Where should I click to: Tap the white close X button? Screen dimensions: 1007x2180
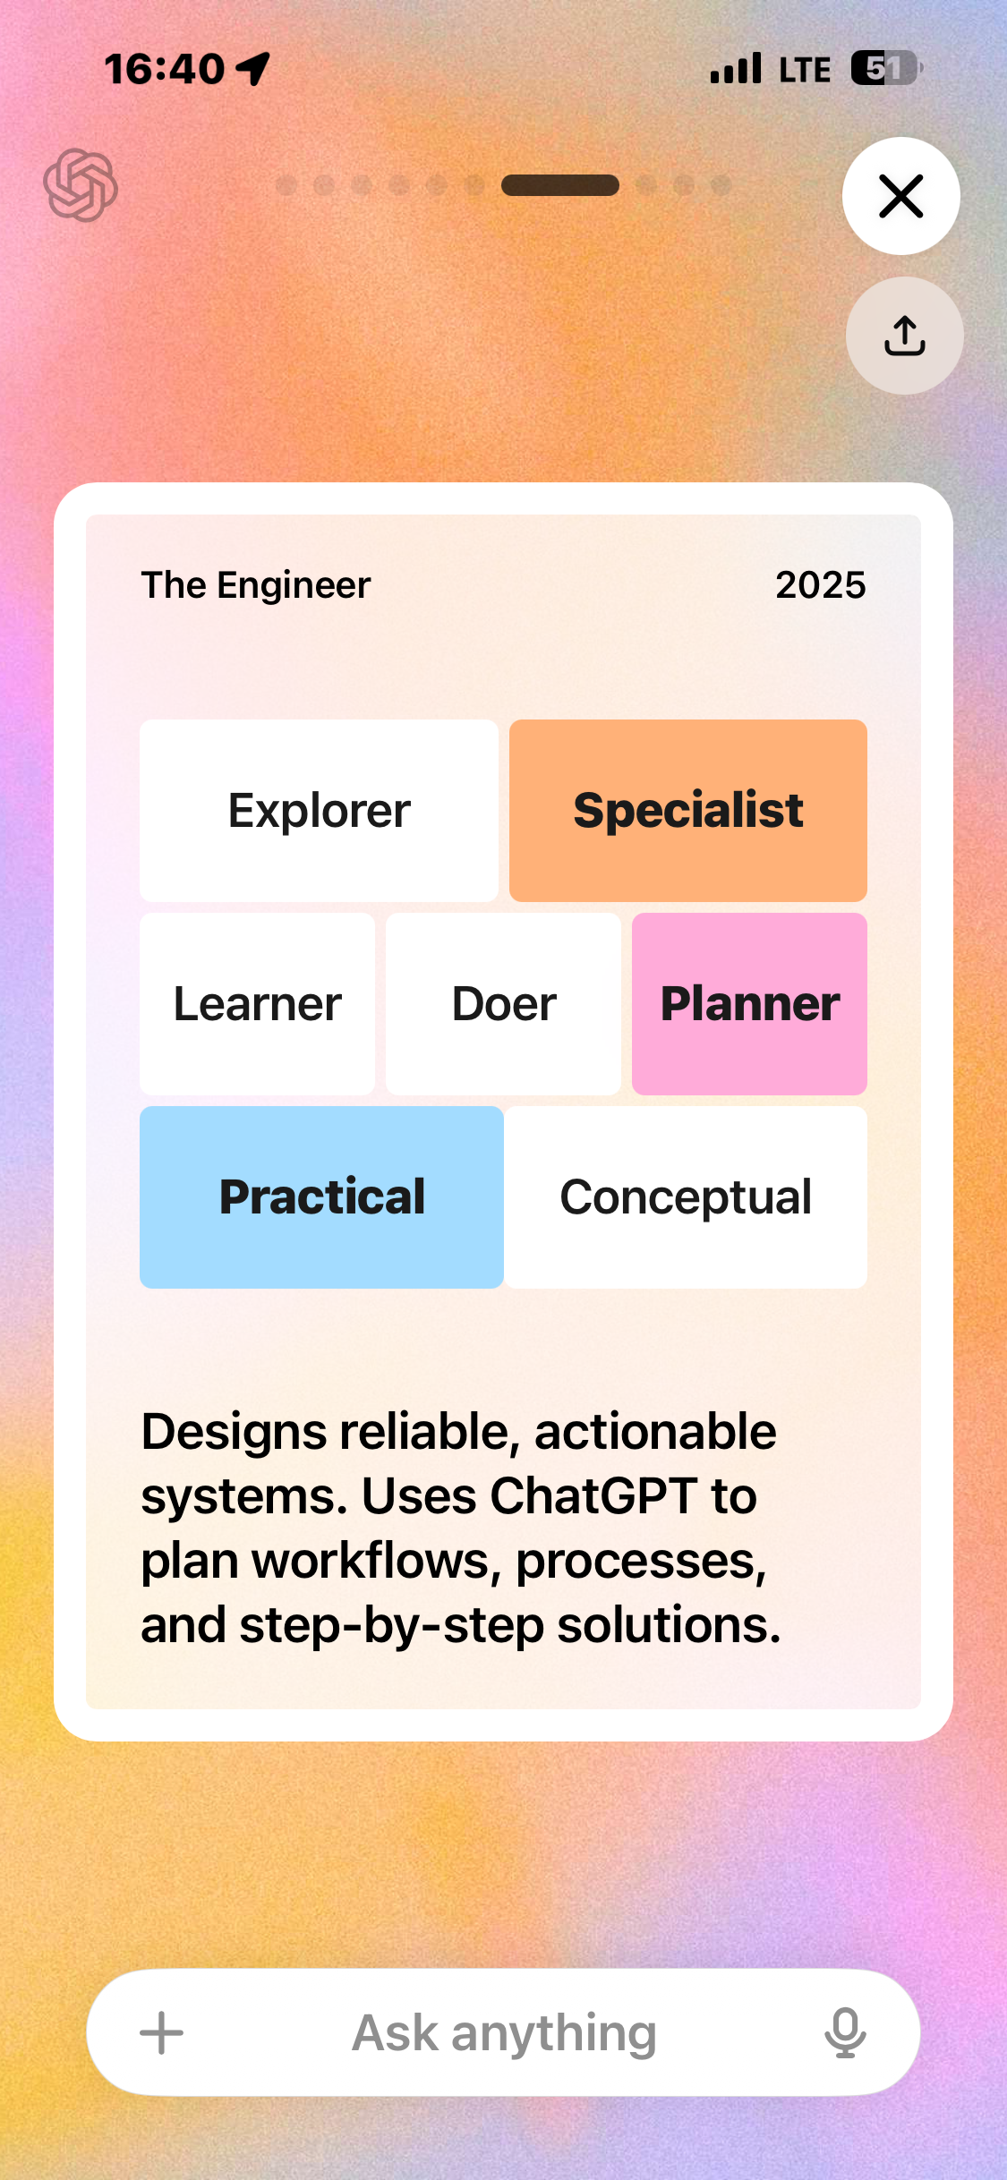tap(900, 196)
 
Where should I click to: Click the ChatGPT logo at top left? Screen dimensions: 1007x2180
tap(81, 185)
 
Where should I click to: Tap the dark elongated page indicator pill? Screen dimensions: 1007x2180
tap(560, 185)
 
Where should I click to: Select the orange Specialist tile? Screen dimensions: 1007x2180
tap(687, 811)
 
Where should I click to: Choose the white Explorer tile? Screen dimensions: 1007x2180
tap(319, 811)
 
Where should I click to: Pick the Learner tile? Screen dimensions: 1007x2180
tap(257, 1004)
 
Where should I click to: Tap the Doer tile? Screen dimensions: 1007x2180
tap(503, 1004)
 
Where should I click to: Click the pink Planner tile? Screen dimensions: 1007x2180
tap(749, 1004)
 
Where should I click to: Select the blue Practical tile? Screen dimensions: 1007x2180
tap(321, 1197)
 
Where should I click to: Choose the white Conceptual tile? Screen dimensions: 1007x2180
tap(686, 1197)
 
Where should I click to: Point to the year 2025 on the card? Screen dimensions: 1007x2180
tap(820, 585)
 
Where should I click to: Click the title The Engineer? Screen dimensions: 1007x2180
tap(256, 585)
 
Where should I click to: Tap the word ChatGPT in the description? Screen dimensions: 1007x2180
tap(593, 1495)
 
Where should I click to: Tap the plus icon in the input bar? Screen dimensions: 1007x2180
tap(162, 2033)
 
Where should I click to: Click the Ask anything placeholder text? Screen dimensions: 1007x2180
tap(504, 2033)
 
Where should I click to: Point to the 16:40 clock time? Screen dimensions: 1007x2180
tap(165, 69)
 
